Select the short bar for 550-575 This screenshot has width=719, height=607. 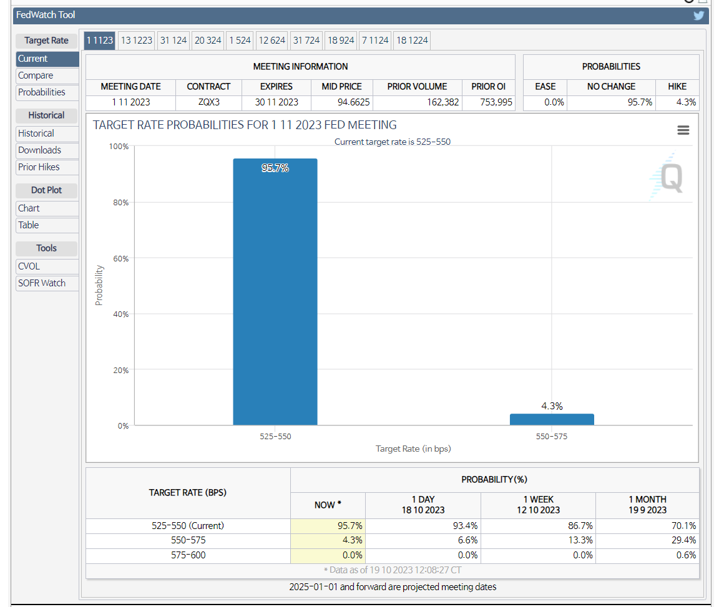tap(552, 419)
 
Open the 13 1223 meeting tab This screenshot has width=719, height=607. tap(137, 41)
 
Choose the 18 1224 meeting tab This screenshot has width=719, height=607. tap(412, 41)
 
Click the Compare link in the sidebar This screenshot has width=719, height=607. tap(36, 75)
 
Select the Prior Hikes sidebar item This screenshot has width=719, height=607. tap(39, 167)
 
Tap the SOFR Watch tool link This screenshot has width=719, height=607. tap(42, 283)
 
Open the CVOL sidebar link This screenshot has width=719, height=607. tap(29, 266)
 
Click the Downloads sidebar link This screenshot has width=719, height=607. tap(39, 150)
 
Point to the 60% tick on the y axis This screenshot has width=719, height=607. tap(119, 258)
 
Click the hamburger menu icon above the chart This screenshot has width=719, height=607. tap(683, 130)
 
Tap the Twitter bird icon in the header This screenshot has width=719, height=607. tap(698, 16)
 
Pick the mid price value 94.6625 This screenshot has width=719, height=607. tap(342, 102)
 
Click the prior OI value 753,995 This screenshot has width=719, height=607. tap(489, 102)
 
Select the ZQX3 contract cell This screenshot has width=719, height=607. tap(208, 102)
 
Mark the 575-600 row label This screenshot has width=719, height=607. tap(188, 555)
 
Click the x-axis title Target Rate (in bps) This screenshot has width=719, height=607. tap(413, 449)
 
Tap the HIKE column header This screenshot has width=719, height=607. tap(677, 87)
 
